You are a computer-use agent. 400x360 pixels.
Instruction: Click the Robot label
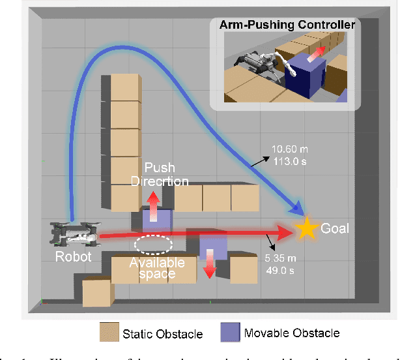72,256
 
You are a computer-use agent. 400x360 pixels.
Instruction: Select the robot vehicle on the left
74,233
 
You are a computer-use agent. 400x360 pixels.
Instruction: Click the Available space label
156,268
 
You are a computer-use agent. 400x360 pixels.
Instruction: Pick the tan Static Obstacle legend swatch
109,333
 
